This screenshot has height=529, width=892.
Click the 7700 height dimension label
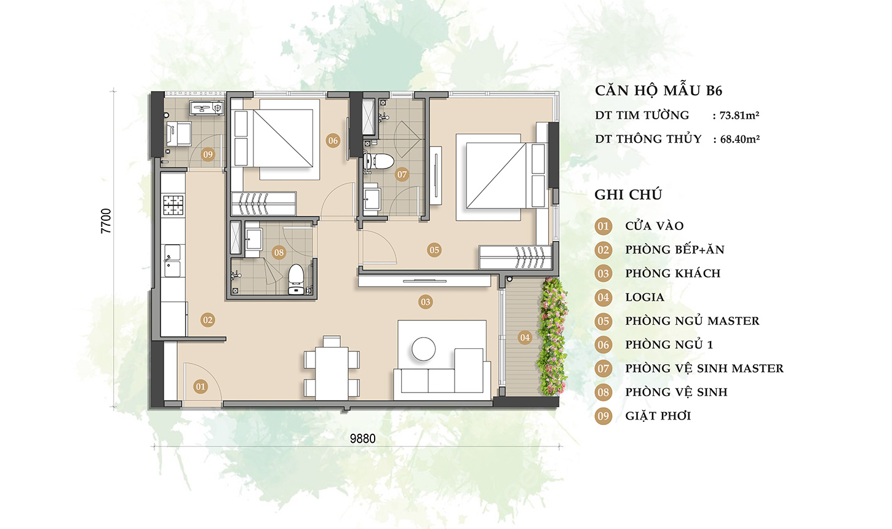(106, 221)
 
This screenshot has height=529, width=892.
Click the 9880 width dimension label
(362, 439)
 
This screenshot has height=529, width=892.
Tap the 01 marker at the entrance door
(201, 386)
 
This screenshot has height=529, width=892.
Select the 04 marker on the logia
(525, 338)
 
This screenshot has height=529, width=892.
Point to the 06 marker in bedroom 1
(333, 140)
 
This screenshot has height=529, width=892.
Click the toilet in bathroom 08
(295, 279)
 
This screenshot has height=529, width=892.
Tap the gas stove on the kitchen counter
(173, 205)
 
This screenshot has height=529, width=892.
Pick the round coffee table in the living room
(423, 349)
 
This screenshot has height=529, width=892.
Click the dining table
(332, 373)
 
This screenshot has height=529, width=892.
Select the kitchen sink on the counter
(172, 261)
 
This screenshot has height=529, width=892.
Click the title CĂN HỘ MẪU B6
(658, 90)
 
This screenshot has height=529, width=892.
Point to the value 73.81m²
(739, 116)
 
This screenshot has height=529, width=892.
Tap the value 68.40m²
(740, 139)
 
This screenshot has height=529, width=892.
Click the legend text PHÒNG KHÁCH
(672, 274)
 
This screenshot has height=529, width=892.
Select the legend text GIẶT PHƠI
(658, 416)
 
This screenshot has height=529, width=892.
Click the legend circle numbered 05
(603, 321)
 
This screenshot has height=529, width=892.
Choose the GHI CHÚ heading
(628, 194)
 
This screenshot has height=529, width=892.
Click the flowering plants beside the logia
(552, 336)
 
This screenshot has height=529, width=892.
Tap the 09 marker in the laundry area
(208, 154)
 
